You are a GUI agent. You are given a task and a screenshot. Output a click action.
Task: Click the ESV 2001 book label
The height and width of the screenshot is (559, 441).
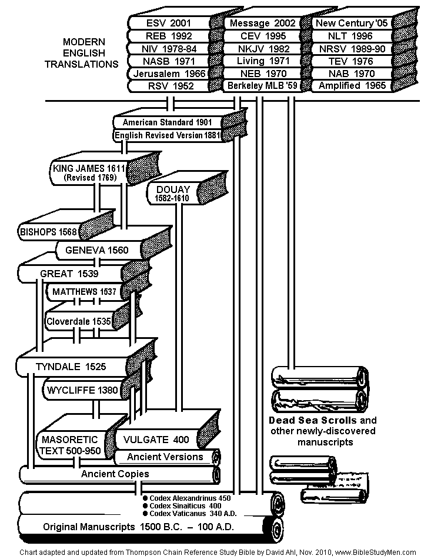point(169,23)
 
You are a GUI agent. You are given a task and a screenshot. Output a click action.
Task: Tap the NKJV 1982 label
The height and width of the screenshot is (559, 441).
point(263,49)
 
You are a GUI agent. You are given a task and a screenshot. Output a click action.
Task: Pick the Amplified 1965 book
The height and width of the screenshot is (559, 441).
point(363,85)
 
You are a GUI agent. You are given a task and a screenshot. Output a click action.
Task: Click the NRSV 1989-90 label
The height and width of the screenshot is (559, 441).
point(352,49)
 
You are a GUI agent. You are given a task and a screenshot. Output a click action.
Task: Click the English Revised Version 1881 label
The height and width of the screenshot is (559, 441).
point(168,135)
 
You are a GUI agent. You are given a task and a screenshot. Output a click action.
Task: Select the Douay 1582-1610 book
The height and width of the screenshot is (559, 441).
point(187,189)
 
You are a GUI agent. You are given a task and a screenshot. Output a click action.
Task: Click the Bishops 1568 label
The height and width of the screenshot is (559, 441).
point(48,232)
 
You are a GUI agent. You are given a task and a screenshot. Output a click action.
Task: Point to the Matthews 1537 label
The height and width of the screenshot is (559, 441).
point(85,292)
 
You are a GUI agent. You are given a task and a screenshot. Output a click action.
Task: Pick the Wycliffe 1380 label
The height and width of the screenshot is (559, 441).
point(82,390)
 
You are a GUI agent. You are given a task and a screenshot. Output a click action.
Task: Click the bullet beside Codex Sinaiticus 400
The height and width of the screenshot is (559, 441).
point(145,506)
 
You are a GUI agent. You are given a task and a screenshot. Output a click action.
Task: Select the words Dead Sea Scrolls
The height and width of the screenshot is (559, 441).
point(312,420)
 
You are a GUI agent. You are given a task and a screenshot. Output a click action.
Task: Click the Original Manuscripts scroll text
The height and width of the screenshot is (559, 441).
point(138,527)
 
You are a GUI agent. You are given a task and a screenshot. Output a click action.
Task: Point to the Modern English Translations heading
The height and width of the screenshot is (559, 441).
point(82,53)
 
